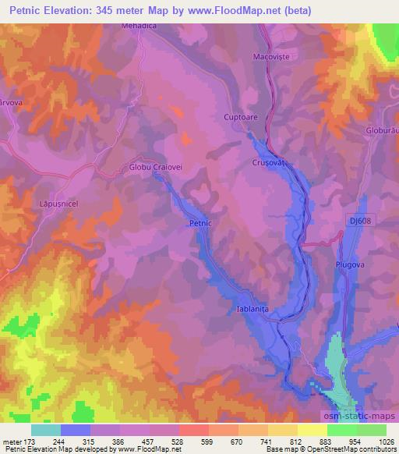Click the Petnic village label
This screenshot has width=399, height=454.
click(x=200, y=223)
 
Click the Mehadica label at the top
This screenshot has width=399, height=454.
click(x=139, y=25)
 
